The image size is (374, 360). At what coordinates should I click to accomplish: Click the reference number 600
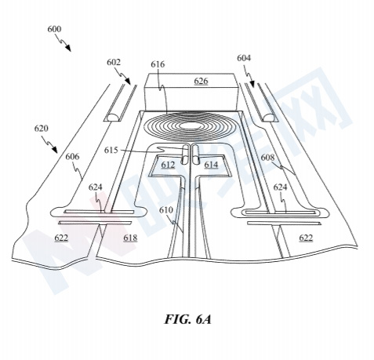[54, 29]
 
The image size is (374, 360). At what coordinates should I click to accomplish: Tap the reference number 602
[114, 62]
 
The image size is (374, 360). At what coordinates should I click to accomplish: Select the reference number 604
[244, 58]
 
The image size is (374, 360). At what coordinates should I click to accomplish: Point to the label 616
[158, 64]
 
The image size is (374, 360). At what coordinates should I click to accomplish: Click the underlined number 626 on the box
[201, 81]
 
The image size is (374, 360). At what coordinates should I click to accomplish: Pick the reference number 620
[42, 129]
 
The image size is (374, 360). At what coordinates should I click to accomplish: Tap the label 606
[72, 157]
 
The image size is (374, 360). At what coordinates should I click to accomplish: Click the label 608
[267, 158]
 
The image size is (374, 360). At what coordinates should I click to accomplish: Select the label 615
[111, 151]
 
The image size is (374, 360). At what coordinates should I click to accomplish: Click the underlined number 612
[168, 165]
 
